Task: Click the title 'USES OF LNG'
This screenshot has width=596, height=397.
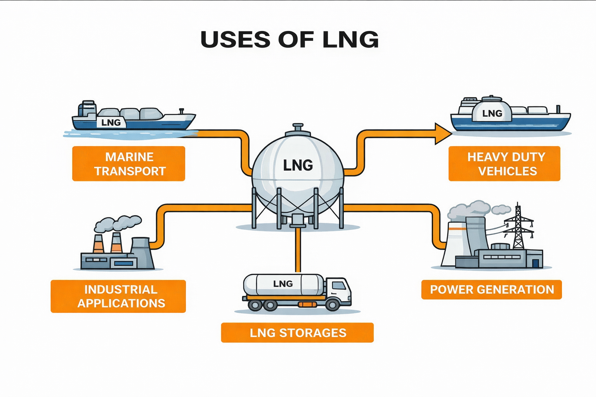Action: pos(289,40)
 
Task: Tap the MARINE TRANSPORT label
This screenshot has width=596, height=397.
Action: pos(129,164)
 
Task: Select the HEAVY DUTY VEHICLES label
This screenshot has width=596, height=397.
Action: pos(504,164)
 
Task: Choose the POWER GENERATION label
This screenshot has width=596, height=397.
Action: pos(492,290)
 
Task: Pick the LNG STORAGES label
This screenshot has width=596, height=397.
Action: pos(297,333)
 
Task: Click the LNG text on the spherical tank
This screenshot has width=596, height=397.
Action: pos(298,166)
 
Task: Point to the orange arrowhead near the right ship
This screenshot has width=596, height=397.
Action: pos(442,134)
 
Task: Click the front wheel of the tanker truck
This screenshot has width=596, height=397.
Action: pos(332,305)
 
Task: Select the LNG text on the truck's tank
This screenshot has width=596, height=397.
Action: pos(283,284)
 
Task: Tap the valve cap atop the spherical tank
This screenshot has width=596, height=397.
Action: pos(298,128)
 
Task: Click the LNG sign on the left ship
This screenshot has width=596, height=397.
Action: pos(111,123)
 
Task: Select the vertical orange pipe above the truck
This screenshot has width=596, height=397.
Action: pos(298,250)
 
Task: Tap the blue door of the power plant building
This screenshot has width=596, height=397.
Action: pos(536,263)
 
